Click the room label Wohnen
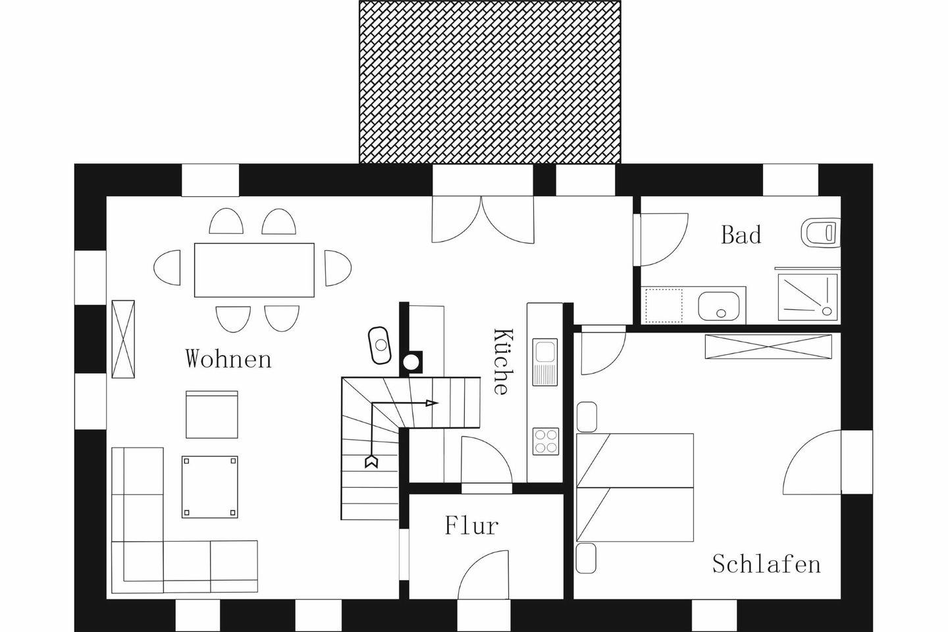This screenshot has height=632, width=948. (228, 359)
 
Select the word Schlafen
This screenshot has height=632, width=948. (766, 564)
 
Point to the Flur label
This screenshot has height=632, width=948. (471, 525)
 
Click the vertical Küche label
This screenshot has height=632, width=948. (504, 361)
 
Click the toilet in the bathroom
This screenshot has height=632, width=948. (820, 233)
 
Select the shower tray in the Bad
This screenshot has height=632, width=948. (808, 297)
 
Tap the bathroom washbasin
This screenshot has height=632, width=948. (719, 305)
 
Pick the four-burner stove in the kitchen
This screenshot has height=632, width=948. (546, 442)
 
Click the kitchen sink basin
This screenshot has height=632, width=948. (544, 352)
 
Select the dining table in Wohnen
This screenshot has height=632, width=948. (254, 270)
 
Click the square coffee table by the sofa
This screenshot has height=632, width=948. (210, 487)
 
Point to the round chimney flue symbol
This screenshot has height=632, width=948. (411, 362)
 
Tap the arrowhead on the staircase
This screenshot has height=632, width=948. (432, 403)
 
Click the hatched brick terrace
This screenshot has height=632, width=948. (490, 82)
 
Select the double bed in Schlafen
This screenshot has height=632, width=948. (635, 487)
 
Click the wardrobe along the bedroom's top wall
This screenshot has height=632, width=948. (768, 347)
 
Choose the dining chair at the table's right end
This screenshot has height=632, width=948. (338, 268)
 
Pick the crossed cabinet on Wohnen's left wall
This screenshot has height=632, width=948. (123, 339)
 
